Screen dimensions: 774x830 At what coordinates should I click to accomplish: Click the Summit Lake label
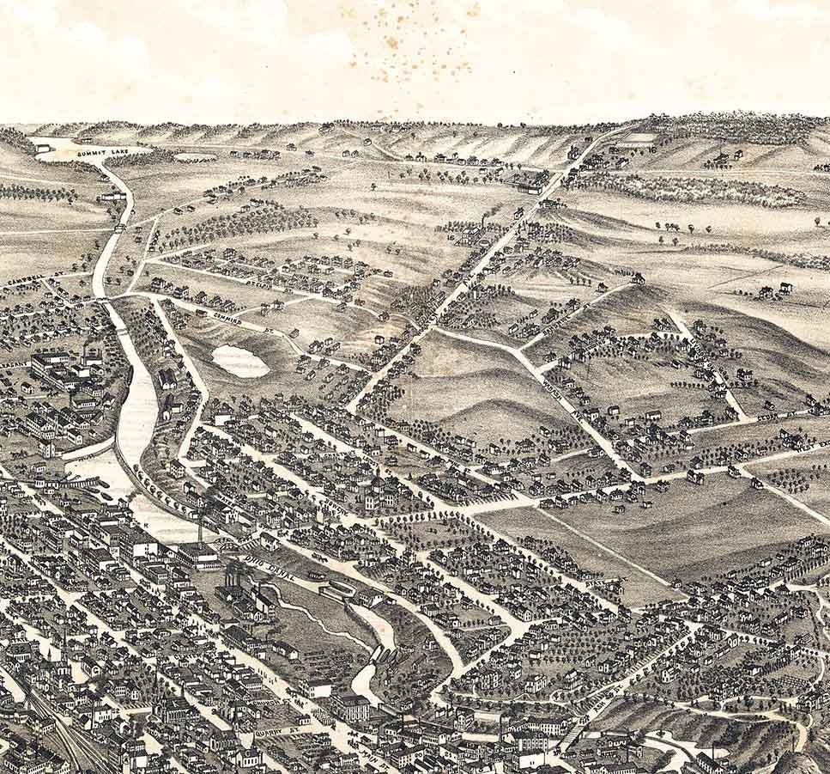(104, 151)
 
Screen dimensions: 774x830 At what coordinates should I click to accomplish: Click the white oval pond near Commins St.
(240, 361)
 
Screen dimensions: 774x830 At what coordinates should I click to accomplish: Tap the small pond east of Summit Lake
(195, 157)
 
